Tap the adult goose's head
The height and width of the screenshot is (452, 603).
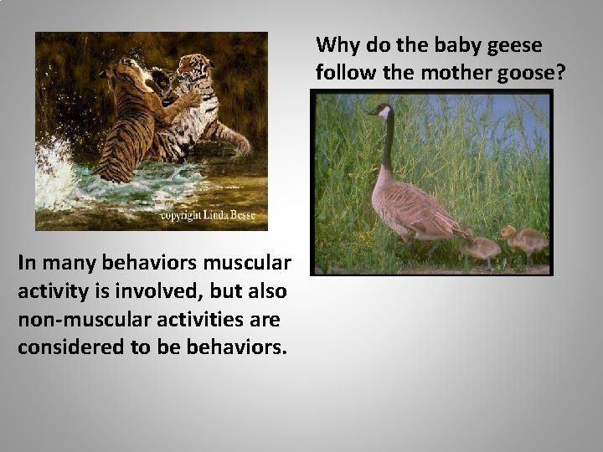381,110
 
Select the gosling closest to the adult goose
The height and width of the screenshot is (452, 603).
481,246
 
